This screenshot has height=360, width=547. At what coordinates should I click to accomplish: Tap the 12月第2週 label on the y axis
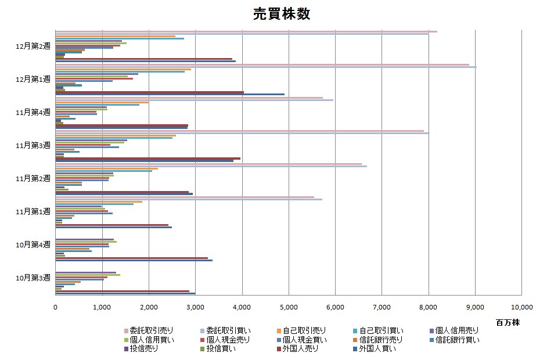(34, 45)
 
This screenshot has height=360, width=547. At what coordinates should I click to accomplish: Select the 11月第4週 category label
(34, 111)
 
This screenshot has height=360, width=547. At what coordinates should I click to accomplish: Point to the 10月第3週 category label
(34, 277)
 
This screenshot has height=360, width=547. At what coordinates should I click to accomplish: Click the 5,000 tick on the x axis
(289, 307)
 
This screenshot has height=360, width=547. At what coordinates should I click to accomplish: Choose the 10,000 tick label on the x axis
(520, 307)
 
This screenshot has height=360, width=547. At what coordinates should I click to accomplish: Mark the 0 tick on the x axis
(55, 307)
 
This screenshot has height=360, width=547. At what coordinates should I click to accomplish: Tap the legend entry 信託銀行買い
(456, 340)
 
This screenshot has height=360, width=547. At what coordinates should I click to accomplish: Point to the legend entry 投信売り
(142, 349)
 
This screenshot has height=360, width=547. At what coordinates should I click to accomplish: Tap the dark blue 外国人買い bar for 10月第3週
(125, 293)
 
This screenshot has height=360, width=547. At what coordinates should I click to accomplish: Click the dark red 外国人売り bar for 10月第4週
(131, 257)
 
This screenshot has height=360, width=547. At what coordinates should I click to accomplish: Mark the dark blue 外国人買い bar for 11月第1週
(113, 227)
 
